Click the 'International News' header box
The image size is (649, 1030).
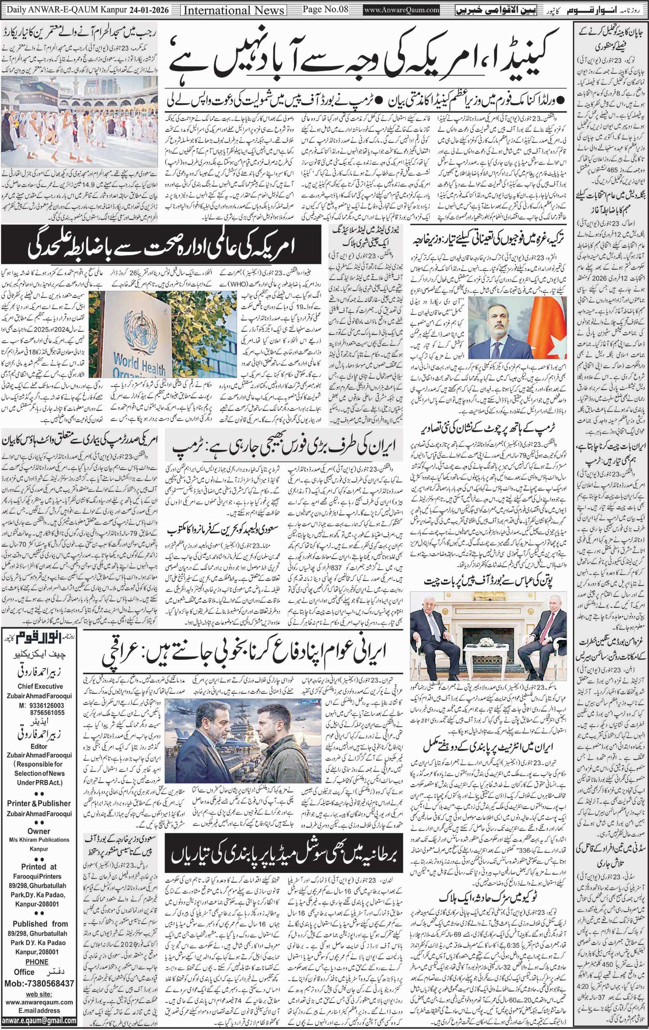(x=234, y=10)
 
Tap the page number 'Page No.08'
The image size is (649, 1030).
(x=325, y=10)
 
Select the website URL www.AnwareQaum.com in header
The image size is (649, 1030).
(x=402, y=10)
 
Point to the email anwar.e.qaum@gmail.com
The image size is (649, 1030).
(x=39, y=1020)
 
